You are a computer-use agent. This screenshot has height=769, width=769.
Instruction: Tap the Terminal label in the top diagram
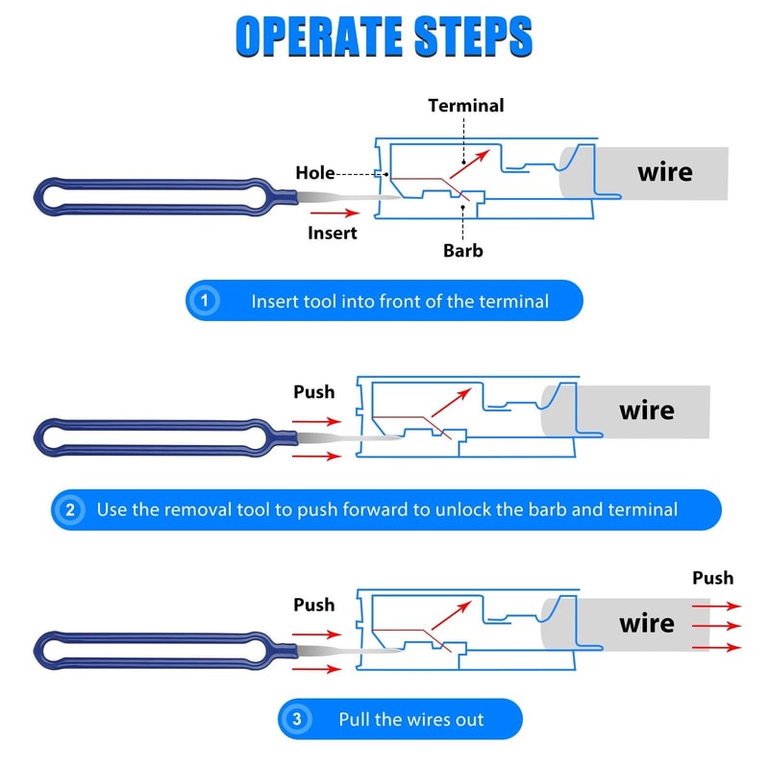pos(465,106)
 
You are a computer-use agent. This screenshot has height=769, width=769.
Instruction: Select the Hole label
pos(315,173)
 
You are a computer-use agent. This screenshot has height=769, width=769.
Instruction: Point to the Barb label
pos(462,251)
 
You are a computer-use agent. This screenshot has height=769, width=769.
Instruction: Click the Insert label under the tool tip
pos(333,233)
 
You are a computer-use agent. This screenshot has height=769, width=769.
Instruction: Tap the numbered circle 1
pos(203,301)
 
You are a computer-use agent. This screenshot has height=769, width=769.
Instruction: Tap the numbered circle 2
pos(69,509)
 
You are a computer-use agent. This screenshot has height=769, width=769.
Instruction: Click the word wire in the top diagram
pos(664,172)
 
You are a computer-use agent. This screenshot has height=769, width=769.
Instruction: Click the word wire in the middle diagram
pos(646,410)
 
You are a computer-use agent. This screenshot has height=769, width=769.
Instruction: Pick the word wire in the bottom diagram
pos(646,623)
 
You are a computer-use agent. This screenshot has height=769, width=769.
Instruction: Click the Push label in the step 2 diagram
pos(313,392)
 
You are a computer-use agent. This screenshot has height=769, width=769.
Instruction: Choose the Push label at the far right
pos(712,578)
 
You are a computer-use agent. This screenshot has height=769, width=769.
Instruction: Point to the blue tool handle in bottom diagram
pos(154,645)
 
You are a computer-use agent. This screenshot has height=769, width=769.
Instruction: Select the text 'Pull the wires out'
pos(411,719)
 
